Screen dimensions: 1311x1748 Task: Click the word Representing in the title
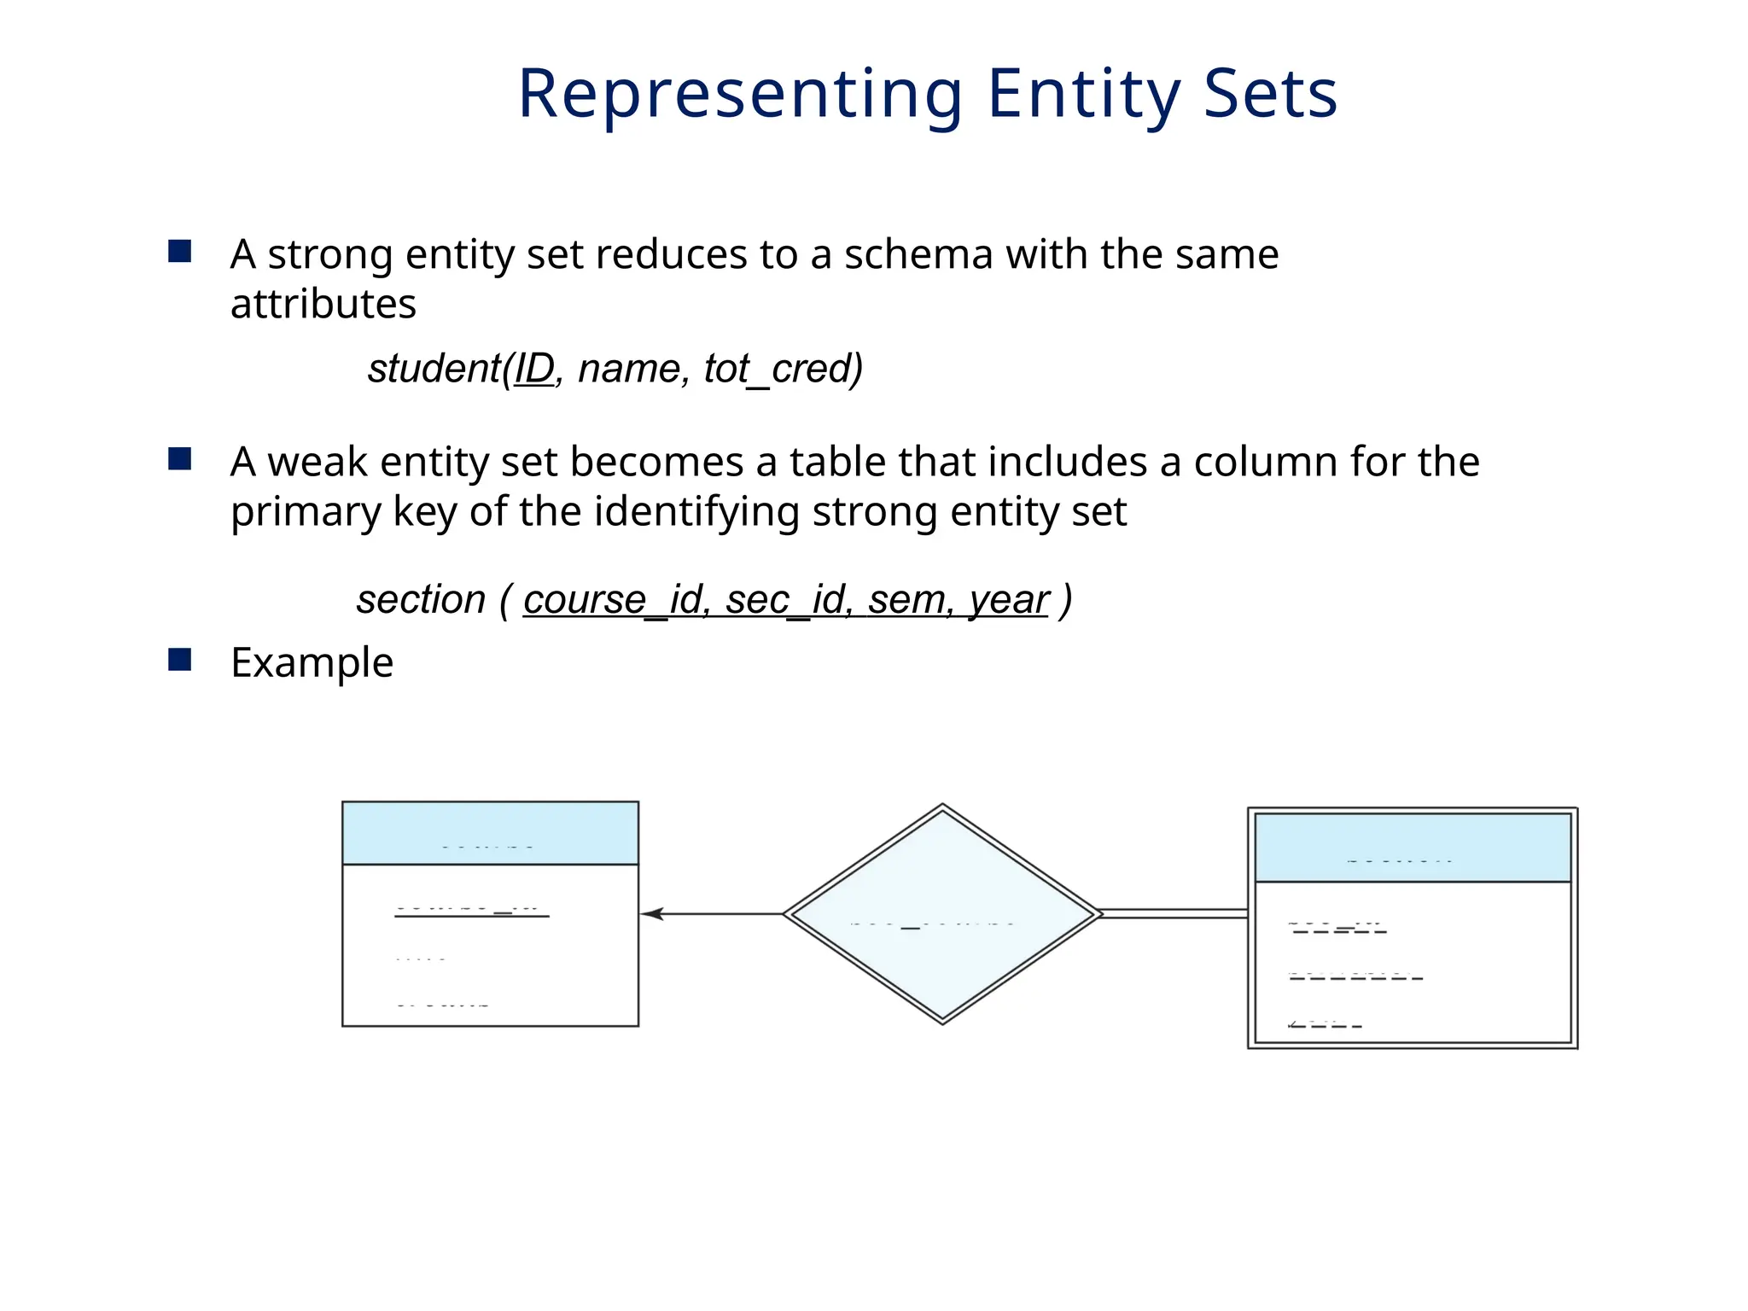pos(740,94)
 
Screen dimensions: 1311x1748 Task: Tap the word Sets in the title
pos(1270,94)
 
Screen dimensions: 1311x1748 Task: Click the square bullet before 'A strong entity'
pos(180,251)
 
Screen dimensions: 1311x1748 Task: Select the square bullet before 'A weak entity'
pos(180,459)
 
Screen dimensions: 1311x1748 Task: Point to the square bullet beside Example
pos(180,660)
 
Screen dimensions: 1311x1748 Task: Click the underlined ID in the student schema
pos(534,369)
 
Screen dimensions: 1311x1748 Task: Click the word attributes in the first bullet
pos(323,304)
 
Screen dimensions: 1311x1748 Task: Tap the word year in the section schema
pos(1009,601)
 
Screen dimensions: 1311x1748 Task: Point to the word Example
pos(312,662)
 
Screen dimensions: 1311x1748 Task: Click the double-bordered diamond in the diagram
pos(942,913)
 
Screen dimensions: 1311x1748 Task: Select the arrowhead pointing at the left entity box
pos(651,914)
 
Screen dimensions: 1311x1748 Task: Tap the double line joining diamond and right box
pos(1174,914)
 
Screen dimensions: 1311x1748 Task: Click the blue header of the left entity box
pos(490,833)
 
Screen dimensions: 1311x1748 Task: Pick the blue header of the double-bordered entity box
pos(1413,848)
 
